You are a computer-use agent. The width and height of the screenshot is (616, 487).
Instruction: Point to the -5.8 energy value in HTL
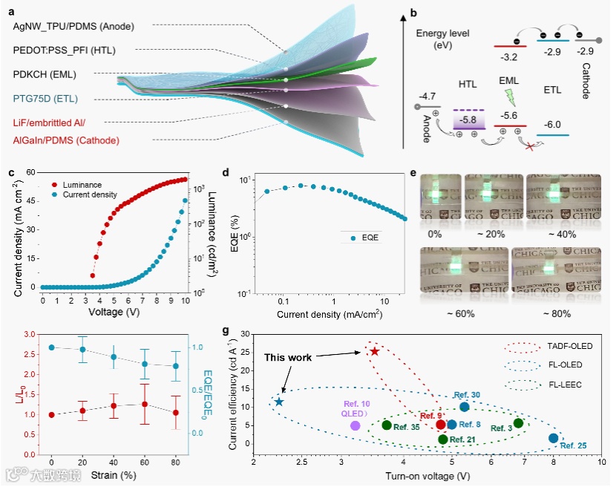tap(468, 120)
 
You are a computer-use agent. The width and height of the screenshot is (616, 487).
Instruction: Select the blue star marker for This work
tap(279, 402)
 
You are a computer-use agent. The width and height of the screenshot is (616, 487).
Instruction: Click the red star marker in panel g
tap(375, 351)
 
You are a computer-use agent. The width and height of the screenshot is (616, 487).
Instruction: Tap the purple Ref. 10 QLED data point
tap(355, 425)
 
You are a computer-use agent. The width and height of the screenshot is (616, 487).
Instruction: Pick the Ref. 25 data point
tap(553, 438)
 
